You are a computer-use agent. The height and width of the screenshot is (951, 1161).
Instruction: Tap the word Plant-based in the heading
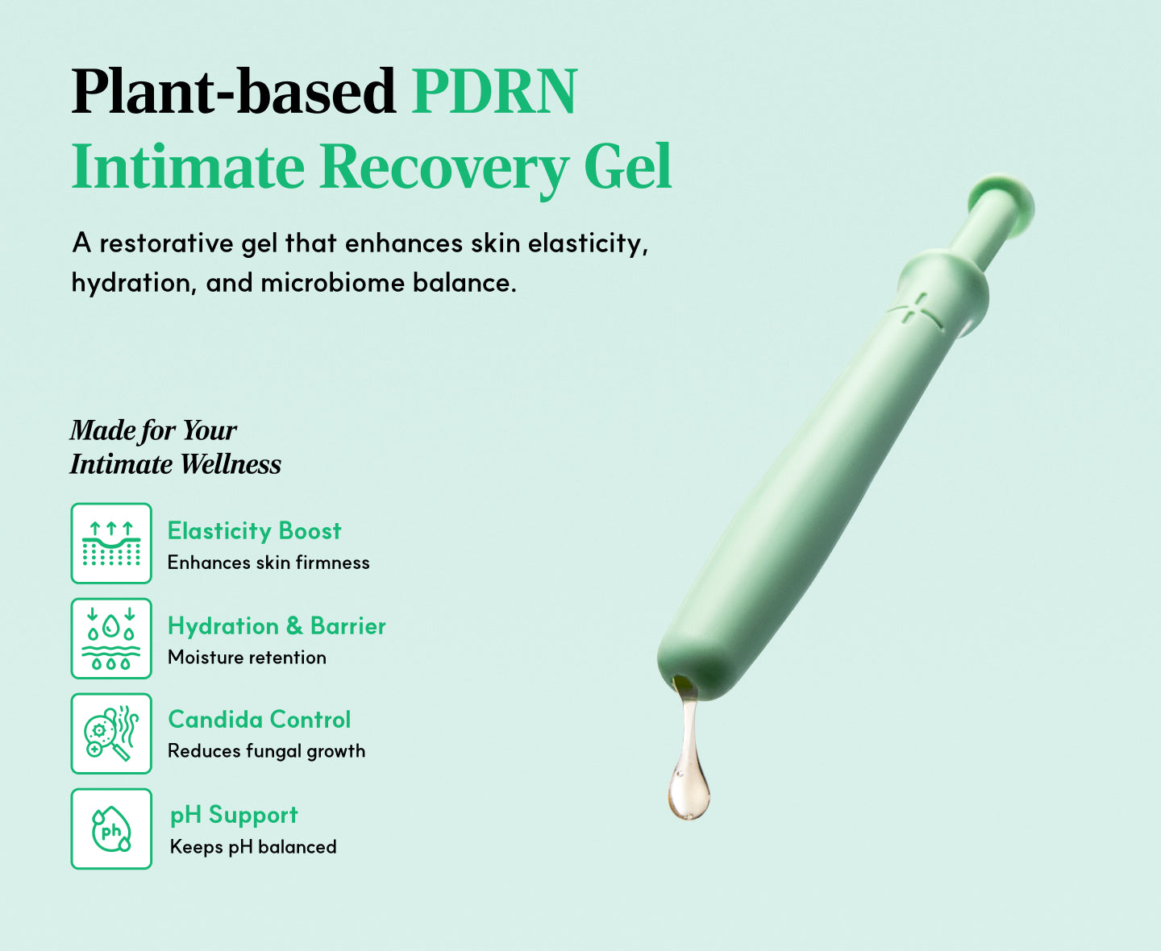(x=234, y=91)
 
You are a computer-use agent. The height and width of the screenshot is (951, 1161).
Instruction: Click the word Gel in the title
(x=628, y=165)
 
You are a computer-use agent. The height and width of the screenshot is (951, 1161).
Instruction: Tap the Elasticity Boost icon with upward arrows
(x=111, y=542)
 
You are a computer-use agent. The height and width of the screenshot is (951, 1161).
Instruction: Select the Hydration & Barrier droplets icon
(x=111, y=637)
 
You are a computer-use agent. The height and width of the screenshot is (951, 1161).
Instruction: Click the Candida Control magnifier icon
(x=111, y=733)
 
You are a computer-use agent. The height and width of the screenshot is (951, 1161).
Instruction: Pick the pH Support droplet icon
(x=111, y=828)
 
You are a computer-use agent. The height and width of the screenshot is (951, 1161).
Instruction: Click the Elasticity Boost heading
(x=254, y=531)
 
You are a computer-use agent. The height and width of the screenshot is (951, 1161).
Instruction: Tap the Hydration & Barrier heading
(x=277, y=626)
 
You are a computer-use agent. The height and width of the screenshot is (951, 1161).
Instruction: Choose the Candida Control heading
(x=260, y=720)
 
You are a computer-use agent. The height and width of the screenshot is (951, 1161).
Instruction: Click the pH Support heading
(x=234, y=815)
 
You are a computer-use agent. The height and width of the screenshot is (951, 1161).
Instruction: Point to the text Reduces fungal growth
(x=266, y=751)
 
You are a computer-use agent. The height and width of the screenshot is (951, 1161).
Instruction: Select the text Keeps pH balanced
(x=253, y=847)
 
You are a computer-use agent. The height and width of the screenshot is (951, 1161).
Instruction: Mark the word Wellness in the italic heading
(x=231, y=464)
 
